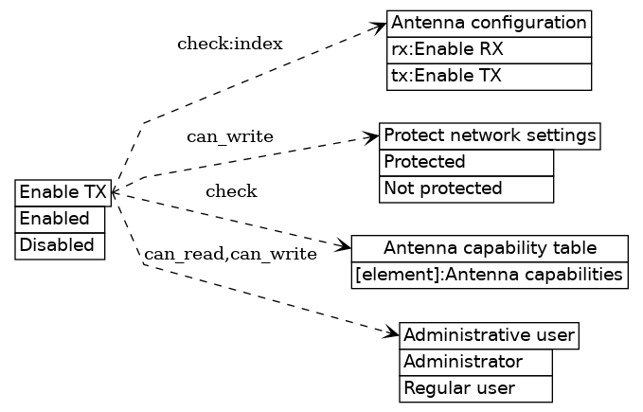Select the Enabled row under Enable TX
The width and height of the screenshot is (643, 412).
click(x=60, y=219)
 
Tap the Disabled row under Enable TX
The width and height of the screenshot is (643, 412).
click(x=60, y=245)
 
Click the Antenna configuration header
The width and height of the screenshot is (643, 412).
click(x=489, y=23)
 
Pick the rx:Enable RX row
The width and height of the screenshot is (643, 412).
click(x=489, y=49)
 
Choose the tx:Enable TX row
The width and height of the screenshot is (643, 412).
click(x=489, y=76)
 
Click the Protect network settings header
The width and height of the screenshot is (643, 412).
click(x=490, y=135)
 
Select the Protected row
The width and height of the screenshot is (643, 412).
click(x=466, y=162)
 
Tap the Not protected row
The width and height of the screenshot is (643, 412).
click(x=466, y=188)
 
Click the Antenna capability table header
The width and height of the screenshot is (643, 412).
click(x=490, y=248)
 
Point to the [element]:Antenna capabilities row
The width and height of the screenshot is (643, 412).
click(x=490, y=275)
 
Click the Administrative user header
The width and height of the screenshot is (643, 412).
click(x=489, y=335)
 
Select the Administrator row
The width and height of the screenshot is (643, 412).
click(x=475, y=362)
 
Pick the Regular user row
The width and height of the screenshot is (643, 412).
click(x=475, y=388)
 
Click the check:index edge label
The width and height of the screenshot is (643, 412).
click(x=229, y=45)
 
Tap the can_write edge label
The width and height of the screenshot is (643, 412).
click(x=229, y=137)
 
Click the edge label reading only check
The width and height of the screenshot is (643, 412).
click(x=231, y=192)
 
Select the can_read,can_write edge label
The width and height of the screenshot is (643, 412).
click(x=229, y=254)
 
